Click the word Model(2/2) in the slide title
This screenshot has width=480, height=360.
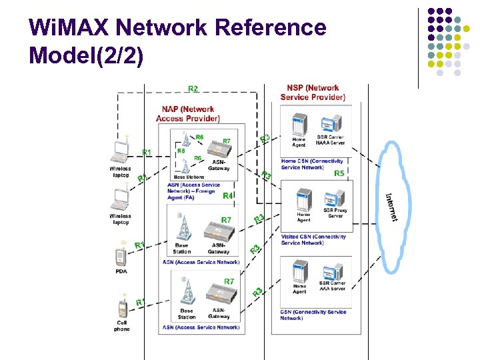(87, 55)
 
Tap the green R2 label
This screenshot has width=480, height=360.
(193, 89)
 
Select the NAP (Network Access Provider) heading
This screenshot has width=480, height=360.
(188, 114)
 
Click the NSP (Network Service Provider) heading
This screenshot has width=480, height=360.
(313, 92)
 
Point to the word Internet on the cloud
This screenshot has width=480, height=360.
(393, 207)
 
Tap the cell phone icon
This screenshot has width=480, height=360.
(121, 309)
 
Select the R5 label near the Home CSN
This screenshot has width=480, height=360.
(339, 173)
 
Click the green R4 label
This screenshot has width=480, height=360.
(227, 196)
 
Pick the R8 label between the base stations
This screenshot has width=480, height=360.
(181, 151)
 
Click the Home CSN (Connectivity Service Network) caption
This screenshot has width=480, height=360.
(312, 164)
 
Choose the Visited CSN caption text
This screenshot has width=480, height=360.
(313, 239)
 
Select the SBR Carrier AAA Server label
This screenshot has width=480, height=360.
(333, 289)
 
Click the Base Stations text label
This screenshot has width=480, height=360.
(189, 177)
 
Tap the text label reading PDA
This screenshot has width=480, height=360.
(121, 271)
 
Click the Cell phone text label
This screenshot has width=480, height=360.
(122, 326)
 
